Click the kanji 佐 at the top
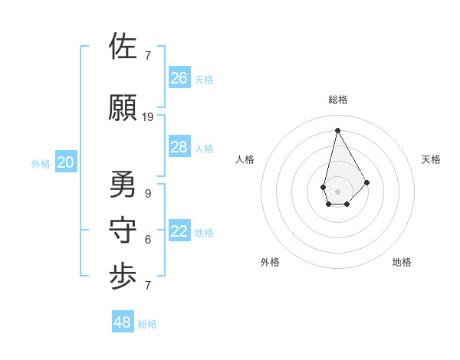124,47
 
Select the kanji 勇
124,184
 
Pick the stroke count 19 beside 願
148,117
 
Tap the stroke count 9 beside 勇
148,194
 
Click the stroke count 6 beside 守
148,240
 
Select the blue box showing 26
179,77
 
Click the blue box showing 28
179,147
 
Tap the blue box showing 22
179,231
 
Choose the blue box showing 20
66,162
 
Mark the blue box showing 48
123,322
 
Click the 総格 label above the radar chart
338,100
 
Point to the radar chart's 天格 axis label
431,159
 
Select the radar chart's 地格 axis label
402,262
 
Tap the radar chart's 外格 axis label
270,262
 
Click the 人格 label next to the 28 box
204,149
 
